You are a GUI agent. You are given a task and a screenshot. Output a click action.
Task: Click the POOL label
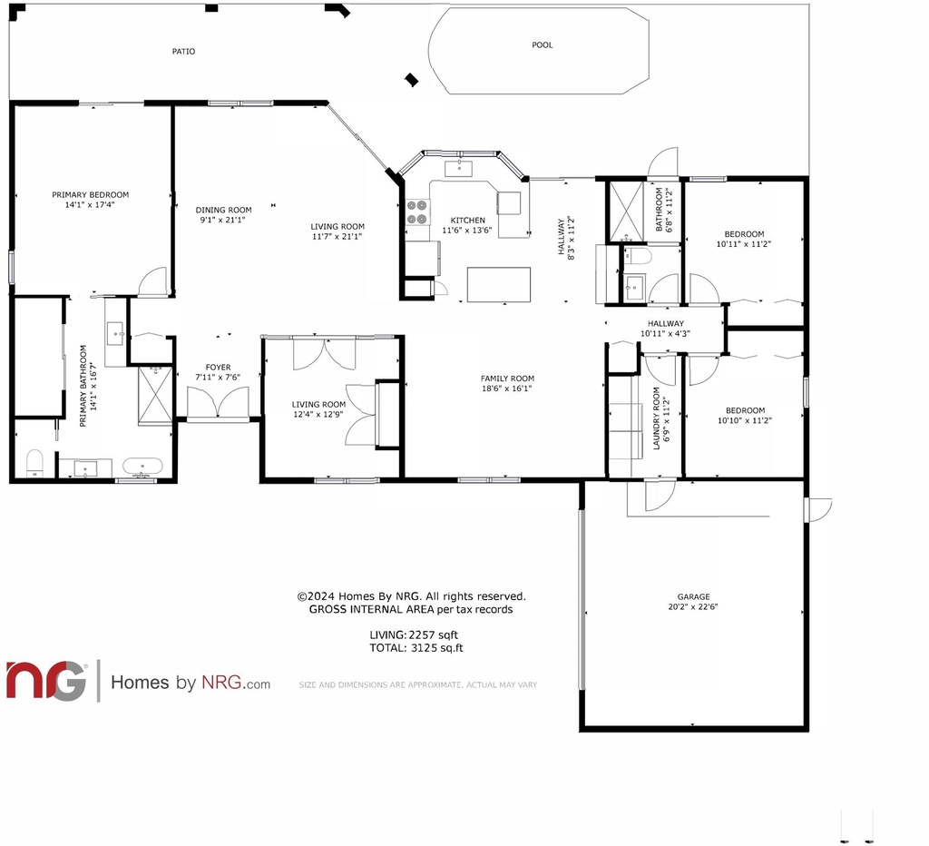(543, 45)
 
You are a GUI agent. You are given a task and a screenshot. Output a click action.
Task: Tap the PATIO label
(183, 52)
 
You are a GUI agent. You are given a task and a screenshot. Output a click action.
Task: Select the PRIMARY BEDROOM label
(90, 194)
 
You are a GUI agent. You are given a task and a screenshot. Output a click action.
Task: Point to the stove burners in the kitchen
(417, 211)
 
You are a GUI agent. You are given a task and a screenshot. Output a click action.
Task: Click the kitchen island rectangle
(499, 284)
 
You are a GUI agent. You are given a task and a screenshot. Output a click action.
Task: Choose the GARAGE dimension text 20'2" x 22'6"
(693, 606)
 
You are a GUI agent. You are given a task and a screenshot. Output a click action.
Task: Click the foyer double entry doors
(218, 402)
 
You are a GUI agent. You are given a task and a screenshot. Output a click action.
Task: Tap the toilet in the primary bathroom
(35, 463)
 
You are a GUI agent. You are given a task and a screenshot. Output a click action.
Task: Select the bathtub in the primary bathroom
(142, 467)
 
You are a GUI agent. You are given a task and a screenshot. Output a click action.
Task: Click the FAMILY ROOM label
(507, 379)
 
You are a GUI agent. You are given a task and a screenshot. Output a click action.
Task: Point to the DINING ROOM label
(223, 210)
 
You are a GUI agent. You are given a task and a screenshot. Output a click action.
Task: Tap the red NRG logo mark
(46, 680)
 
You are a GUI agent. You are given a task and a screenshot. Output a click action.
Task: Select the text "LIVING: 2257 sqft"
(414, 634)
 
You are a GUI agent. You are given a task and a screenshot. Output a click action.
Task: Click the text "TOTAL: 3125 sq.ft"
(416, 648)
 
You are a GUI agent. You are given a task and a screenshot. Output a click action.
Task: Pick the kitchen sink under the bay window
(458, 168)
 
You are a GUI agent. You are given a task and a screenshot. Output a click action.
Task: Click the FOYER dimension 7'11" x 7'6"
(218, 377)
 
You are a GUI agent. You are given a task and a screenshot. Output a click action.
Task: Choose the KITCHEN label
(467, 220)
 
